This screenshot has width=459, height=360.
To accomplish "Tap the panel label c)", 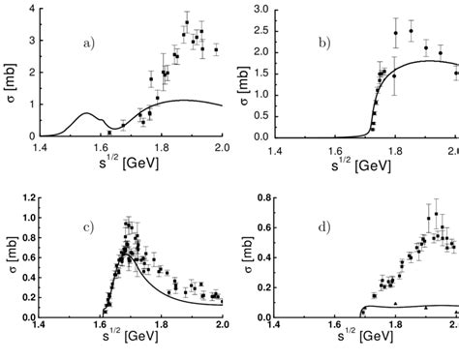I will click(x=88, y=226).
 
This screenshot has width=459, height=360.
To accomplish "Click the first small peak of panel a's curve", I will click(x=84, y=113).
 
